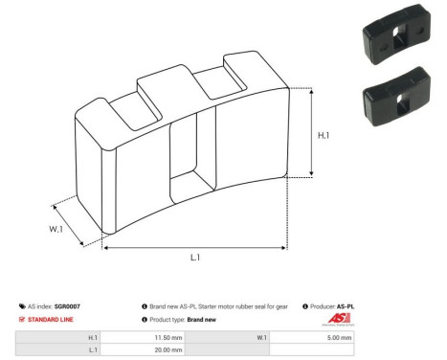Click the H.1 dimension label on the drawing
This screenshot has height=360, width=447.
(324, 136)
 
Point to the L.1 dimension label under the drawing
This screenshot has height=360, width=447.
(194, 258)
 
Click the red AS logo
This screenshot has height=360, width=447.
(339, 319)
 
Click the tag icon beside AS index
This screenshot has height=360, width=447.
(22, 305)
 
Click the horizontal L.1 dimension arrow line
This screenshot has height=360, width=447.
(194, 247)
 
